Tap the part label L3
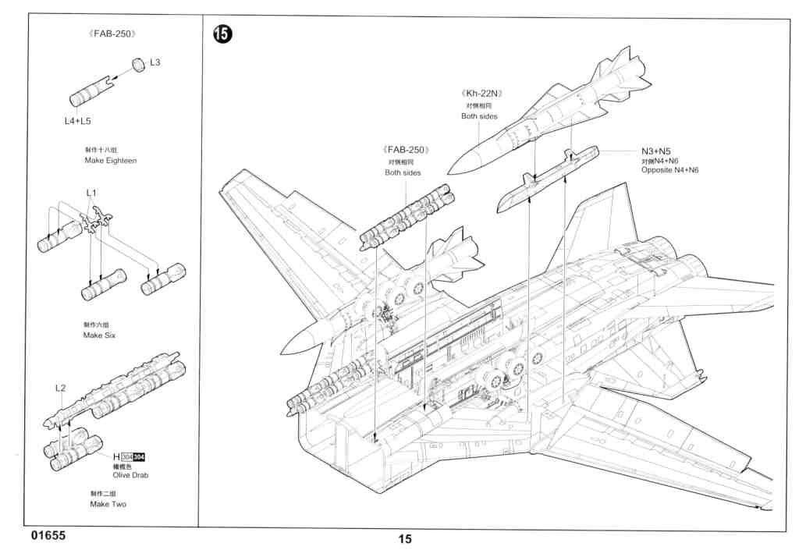pos(155,62)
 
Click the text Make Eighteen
pos(110,160)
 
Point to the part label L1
pos(91,192)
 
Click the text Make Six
pos(99,335)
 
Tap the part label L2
pos(61,388)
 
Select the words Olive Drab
pos(130,475)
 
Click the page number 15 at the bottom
pos(404,539)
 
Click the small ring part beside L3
pos(137,66)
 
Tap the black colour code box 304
pos(140,456)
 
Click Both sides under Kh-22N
pos(479,116)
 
